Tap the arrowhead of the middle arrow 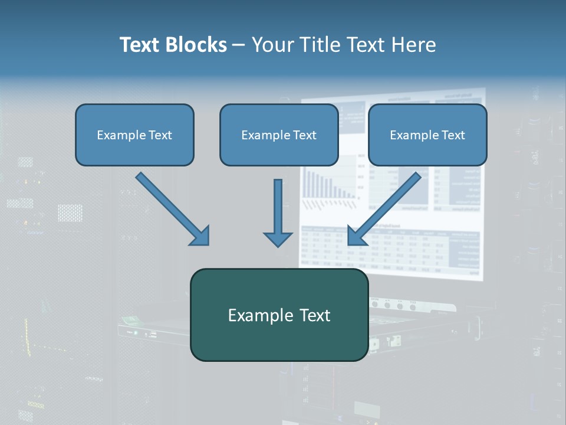278,238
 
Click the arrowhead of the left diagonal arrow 200,236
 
